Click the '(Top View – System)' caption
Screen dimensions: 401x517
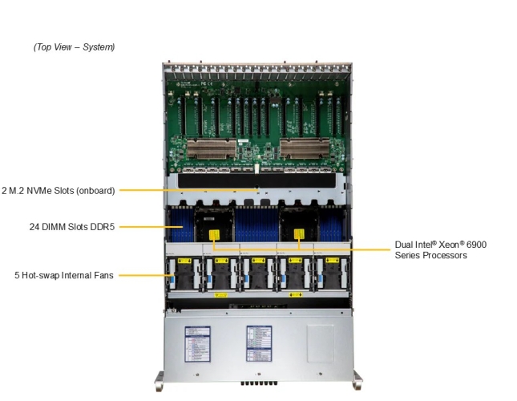pyautogui.click(x=74, y=47)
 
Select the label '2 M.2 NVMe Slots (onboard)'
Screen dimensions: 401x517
pyautogui.click(x=58, y=190)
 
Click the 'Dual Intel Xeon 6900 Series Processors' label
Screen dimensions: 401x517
pyautogui.click(x=440, y=249)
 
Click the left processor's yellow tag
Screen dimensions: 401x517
pyautogui.click(x=216, y=235)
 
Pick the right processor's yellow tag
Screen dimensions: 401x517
pyautogui.click(x=300, y=235)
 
